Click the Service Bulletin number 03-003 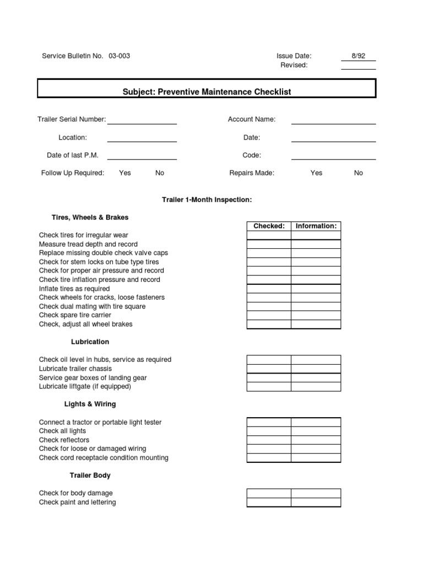120,56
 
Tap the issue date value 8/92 358,56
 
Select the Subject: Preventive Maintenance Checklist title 207,92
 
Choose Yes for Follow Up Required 125,173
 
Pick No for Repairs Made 359,173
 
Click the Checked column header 269,226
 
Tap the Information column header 316,226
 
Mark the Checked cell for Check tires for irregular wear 269,235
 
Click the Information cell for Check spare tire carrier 316,315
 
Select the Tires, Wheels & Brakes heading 90,217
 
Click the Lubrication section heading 90,342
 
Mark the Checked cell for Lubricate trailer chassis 269,369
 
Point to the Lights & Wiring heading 90,404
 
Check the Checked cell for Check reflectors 269,440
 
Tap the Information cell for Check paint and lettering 316,502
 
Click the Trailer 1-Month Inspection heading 207,200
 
